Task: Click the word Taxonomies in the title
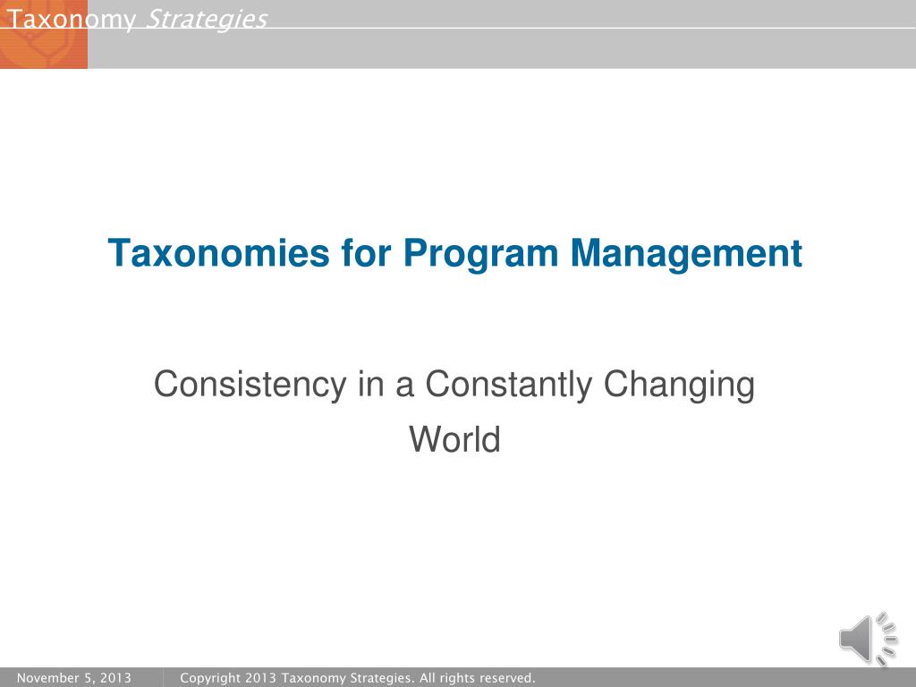point(219,253)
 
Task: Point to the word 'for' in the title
point(366,252)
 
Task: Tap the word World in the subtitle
point(454,439)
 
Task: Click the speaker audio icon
point(868,639)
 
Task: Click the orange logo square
point(44,35)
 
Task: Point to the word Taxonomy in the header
point(71,21)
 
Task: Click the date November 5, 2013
point(74,678)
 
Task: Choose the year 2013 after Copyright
point(260,678)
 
